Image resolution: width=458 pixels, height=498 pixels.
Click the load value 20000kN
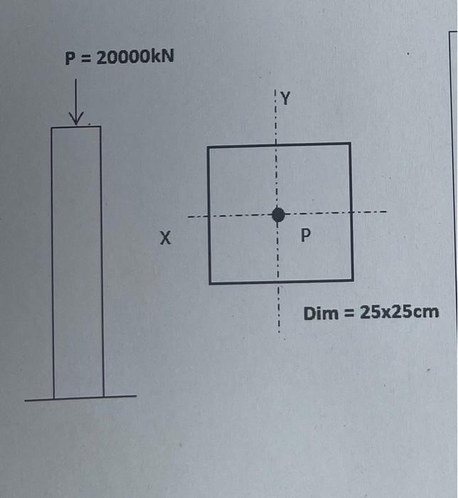tap(134, 58)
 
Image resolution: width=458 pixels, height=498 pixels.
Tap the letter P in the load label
tap(70, 58)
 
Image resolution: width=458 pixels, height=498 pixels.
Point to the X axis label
tap(165, 239)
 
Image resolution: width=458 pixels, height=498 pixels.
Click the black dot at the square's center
tap(278, 213)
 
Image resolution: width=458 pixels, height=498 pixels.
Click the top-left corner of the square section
tap(208, 147)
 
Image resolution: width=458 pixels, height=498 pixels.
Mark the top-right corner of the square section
tap(350, 144)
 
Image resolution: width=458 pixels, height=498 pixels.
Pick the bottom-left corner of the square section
tap(211, 282)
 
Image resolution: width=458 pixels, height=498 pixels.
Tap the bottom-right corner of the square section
tap(353, 280)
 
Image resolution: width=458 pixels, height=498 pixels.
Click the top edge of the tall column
tap(76, 127)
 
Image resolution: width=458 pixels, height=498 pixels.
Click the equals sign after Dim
tap(349, 313)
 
